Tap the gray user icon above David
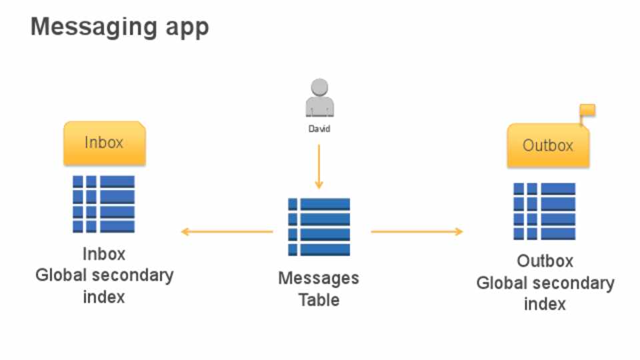[x=319, y=98]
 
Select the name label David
[x=319, y=129]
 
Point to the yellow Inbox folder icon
[x=104, y=143]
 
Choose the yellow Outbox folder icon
[x=548, y=145]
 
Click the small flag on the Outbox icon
[x=587, y=111]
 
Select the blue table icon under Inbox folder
[x=104, y=204]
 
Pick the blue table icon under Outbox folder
[x=545, y=211]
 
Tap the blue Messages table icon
[x=319, y=227]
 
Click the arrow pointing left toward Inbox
[x=227, y=232]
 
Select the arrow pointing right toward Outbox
[x=417, y=232]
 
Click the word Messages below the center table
[x=319, y=279]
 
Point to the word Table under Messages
[x=319, y=300]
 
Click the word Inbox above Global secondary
[x=104, y=254]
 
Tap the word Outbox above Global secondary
[x=545, y=261]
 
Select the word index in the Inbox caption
[x=104, y=297]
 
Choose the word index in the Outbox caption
[x=545, y=304]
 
